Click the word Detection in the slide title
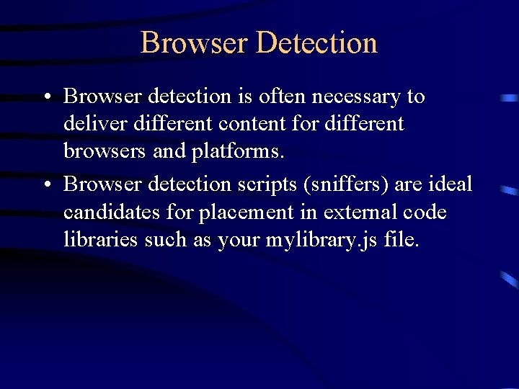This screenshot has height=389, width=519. coord(316,43)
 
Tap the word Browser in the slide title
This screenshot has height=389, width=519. coord(195,43)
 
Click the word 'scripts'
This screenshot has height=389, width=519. coord(261,184)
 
